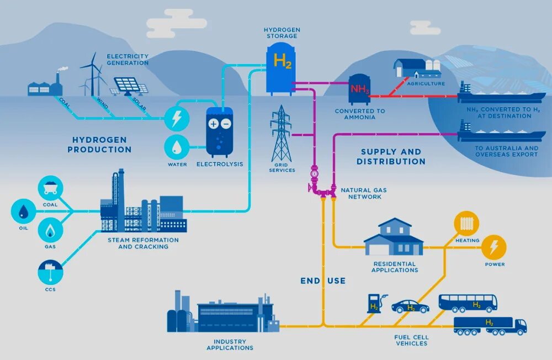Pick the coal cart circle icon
pyautogui.click(x=50, y=188)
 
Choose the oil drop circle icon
pyautogui.click(x=23, y=211)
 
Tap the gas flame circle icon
pyautogui.click(x=50, y=230)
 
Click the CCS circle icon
pyautogui.click(x=50, y=272)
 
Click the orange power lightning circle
pyautogui.click(x=493, y=247)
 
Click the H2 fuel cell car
pyautogui.click(x=410, y=306)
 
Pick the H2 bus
pyautogui.click(x=468, y=303)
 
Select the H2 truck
pyautogui.click(x=490, y=325)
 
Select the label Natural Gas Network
pyautogui.click(x=363, y=193)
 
